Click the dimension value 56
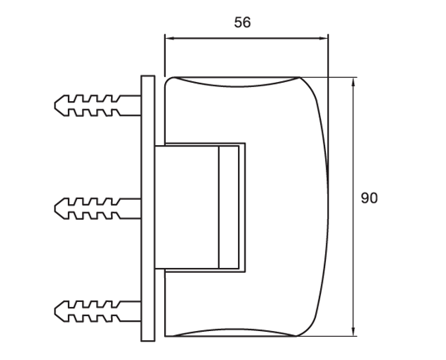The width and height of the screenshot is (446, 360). tap(242, 22)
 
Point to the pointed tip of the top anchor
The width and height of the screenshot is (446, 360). tap(55, 105)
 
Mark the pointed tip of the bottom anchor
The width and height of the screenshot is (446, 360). tap(55, 311)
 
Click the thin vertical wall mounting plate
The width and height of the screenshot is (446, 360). tap(148, 207)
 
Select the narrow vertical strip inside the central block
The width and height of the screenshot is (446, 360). tap(224, 207)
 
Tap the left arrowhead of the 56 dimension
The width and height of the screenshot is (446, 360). tap(167, 36)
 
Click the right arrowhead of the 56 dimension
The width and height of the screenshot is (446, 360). tap(324, 36)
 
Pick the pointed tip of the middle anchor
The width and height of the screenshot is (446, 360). tap(55, 207)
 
